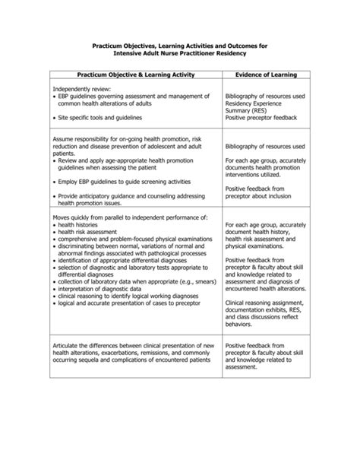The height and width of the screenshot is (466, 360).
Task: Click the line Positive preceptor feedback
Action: [262, 119]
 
